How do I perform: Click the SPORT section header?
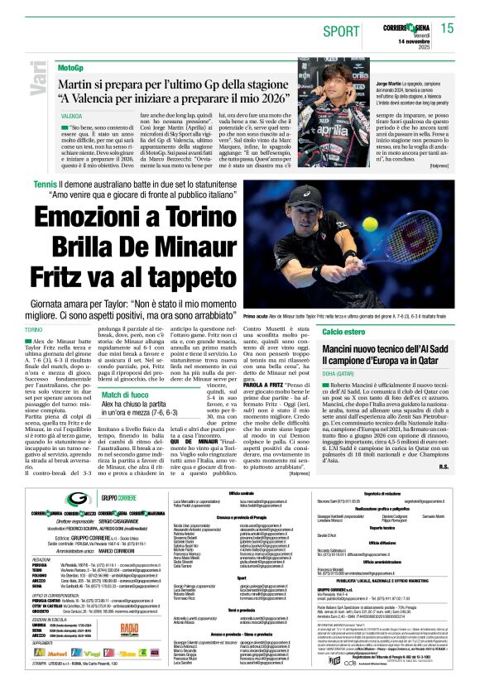tap(338, 29)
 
